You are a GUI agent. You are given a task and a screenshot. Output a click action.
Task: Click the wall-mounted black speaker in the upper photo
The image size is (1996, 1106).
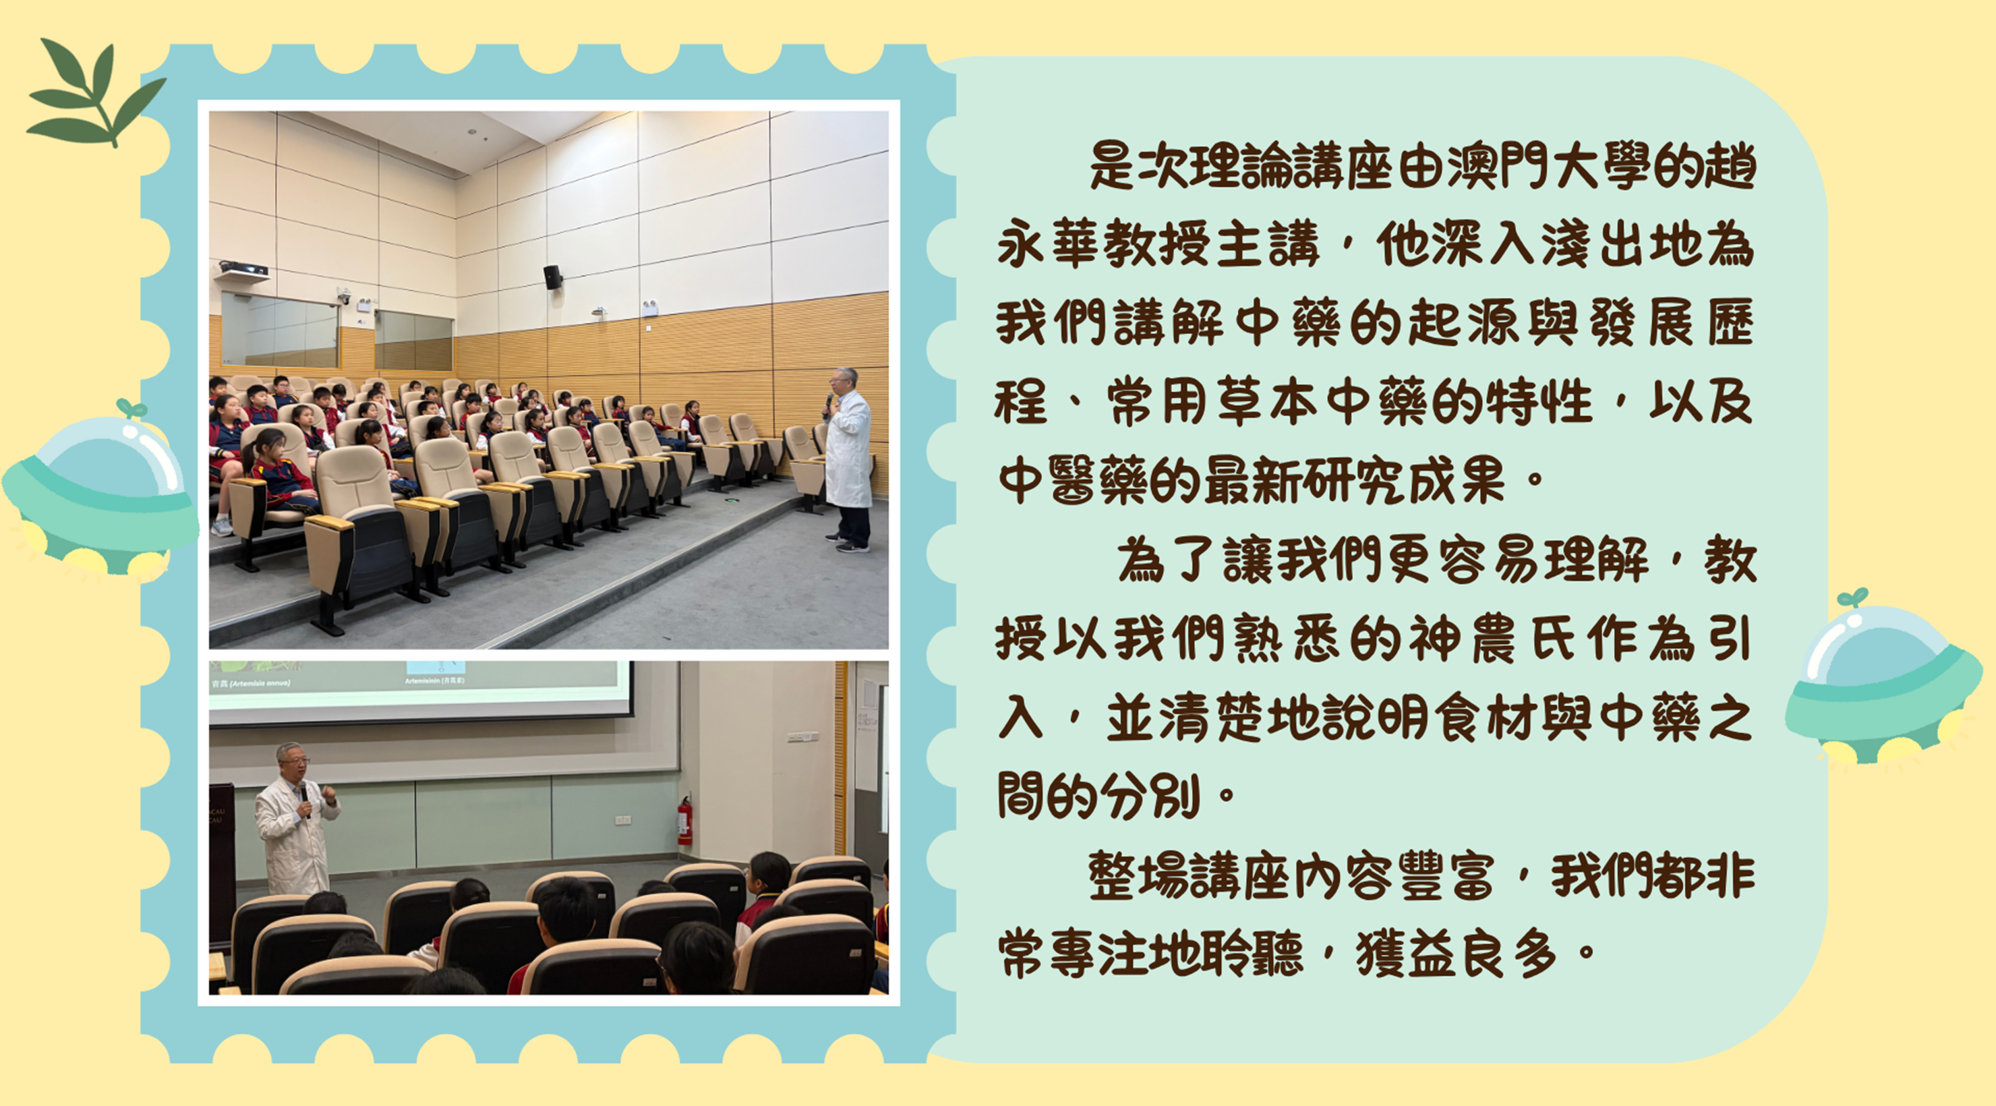[x=552, y=276]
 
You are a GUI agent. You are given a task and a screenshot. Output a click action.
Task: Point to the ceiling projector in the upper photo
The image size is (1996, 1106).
[x=243, y=269]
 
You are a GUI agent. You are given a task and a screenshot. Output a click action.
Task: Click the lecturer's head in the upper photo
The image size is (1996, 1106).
[x=843, y=381]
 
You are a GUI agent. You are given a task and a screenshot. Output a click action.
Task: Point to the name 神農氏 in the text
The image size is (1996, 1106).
[x=1492, y=639]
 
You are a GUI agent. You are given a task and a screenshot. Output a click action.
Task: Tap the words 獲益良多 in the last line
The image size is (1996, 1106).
[x=1457, y=955]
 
